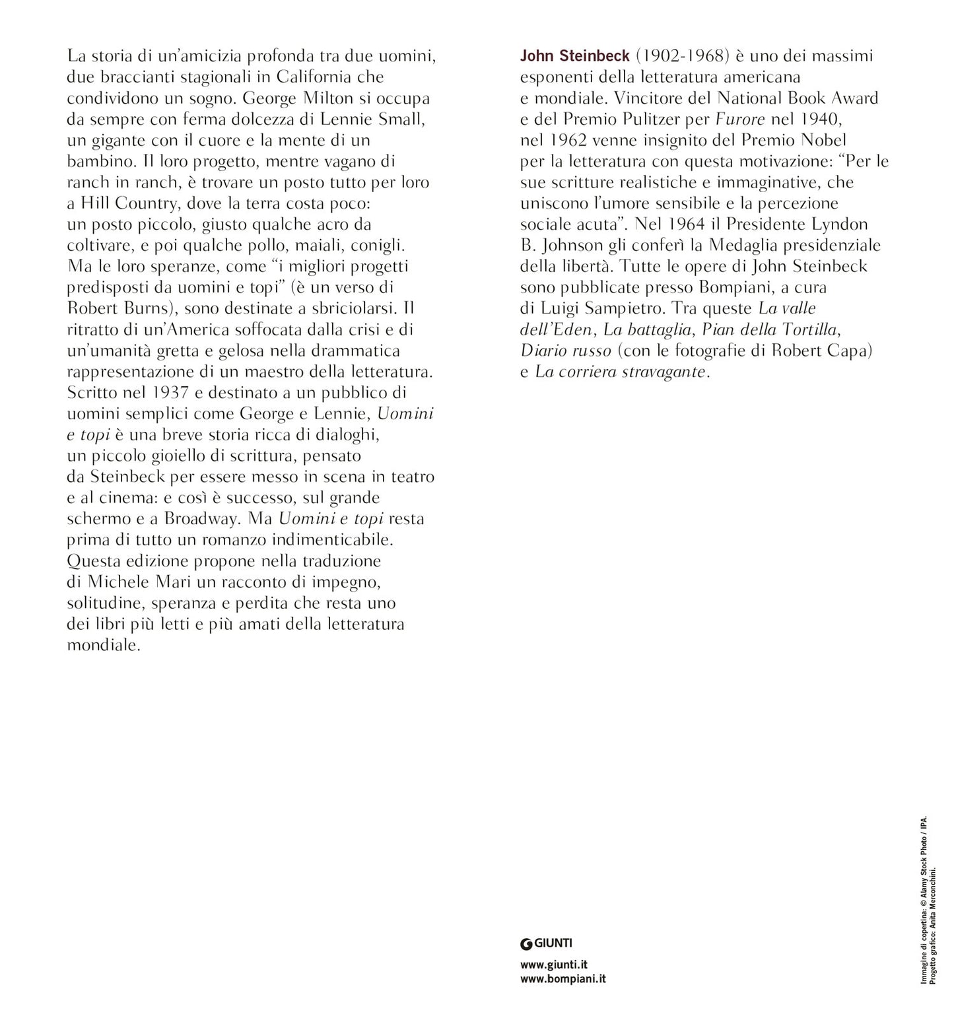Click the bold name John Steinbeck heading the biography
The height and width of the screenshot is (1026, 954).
click(574, 56)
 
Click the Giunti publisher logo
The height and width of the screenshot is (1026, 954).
click(546, 943)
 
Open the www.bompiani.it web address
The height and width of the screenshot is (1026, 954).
click(562, 978)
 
